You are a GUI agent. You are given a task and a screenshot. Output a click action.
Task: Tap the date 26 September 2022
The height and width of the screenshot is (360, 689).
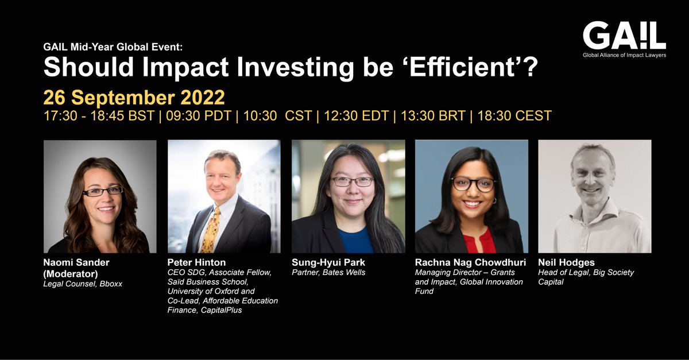point(134,96)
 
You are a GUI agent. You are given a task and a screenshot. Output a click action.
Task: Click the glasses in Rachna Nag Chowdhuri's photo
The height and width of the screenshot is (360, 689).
point(473,184)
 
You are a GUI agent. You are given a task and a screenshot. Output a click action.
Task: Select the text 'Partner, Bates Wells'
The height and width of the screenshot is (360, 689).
point(329,272)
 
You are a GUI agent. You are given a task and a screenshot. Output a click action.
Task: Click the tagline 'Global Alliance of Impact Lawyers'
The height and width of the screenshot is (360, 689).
point(624,56)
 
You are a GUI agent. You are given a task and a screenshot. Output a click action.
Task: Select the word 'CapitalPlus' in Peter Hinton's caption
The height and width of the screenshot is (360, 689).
point(226,311)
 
